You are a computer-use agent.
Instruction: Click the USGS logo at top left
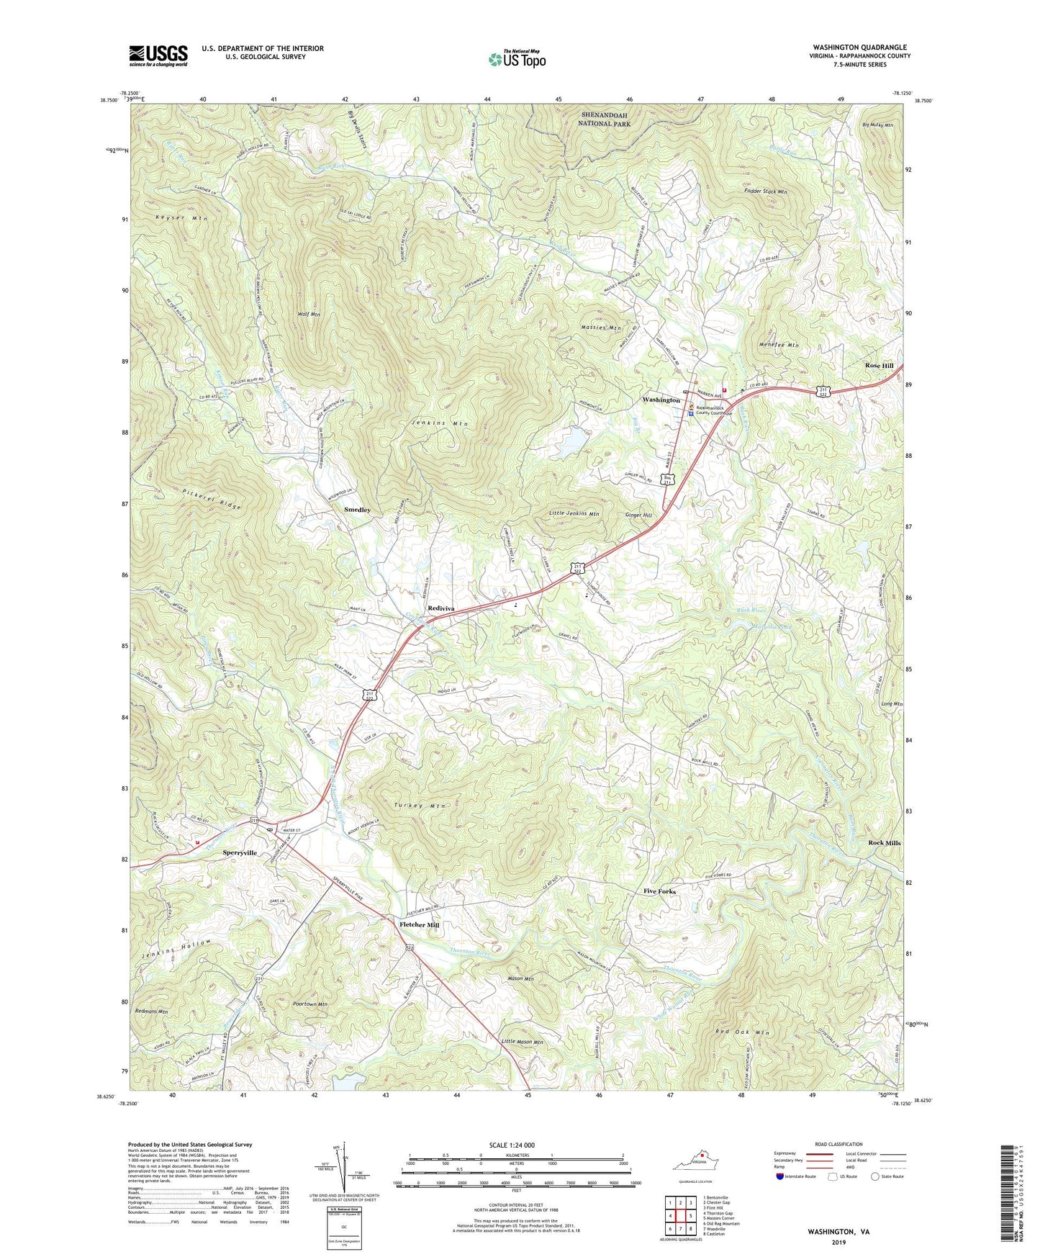pos(158,55)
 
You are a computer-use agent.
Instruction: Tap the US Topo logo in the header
pos(516,59)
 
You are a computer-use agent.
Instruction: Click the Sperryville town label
pos(240,852)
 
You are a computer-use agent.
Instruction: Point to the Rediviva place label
pos(441,608)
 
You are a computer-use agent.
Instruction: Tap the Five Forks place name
pos(659,891)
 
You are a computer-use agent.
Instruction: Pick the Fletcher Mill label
pos(419,924)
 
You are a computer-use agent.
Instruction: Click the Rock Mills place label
pos(884,842)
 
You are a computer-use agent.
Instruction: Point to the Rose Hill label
pos(879,366)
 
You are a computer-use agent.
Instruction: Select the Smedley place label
pos(357,510)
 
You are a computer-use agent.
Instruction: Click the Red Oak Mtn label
pos(742,1033)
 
